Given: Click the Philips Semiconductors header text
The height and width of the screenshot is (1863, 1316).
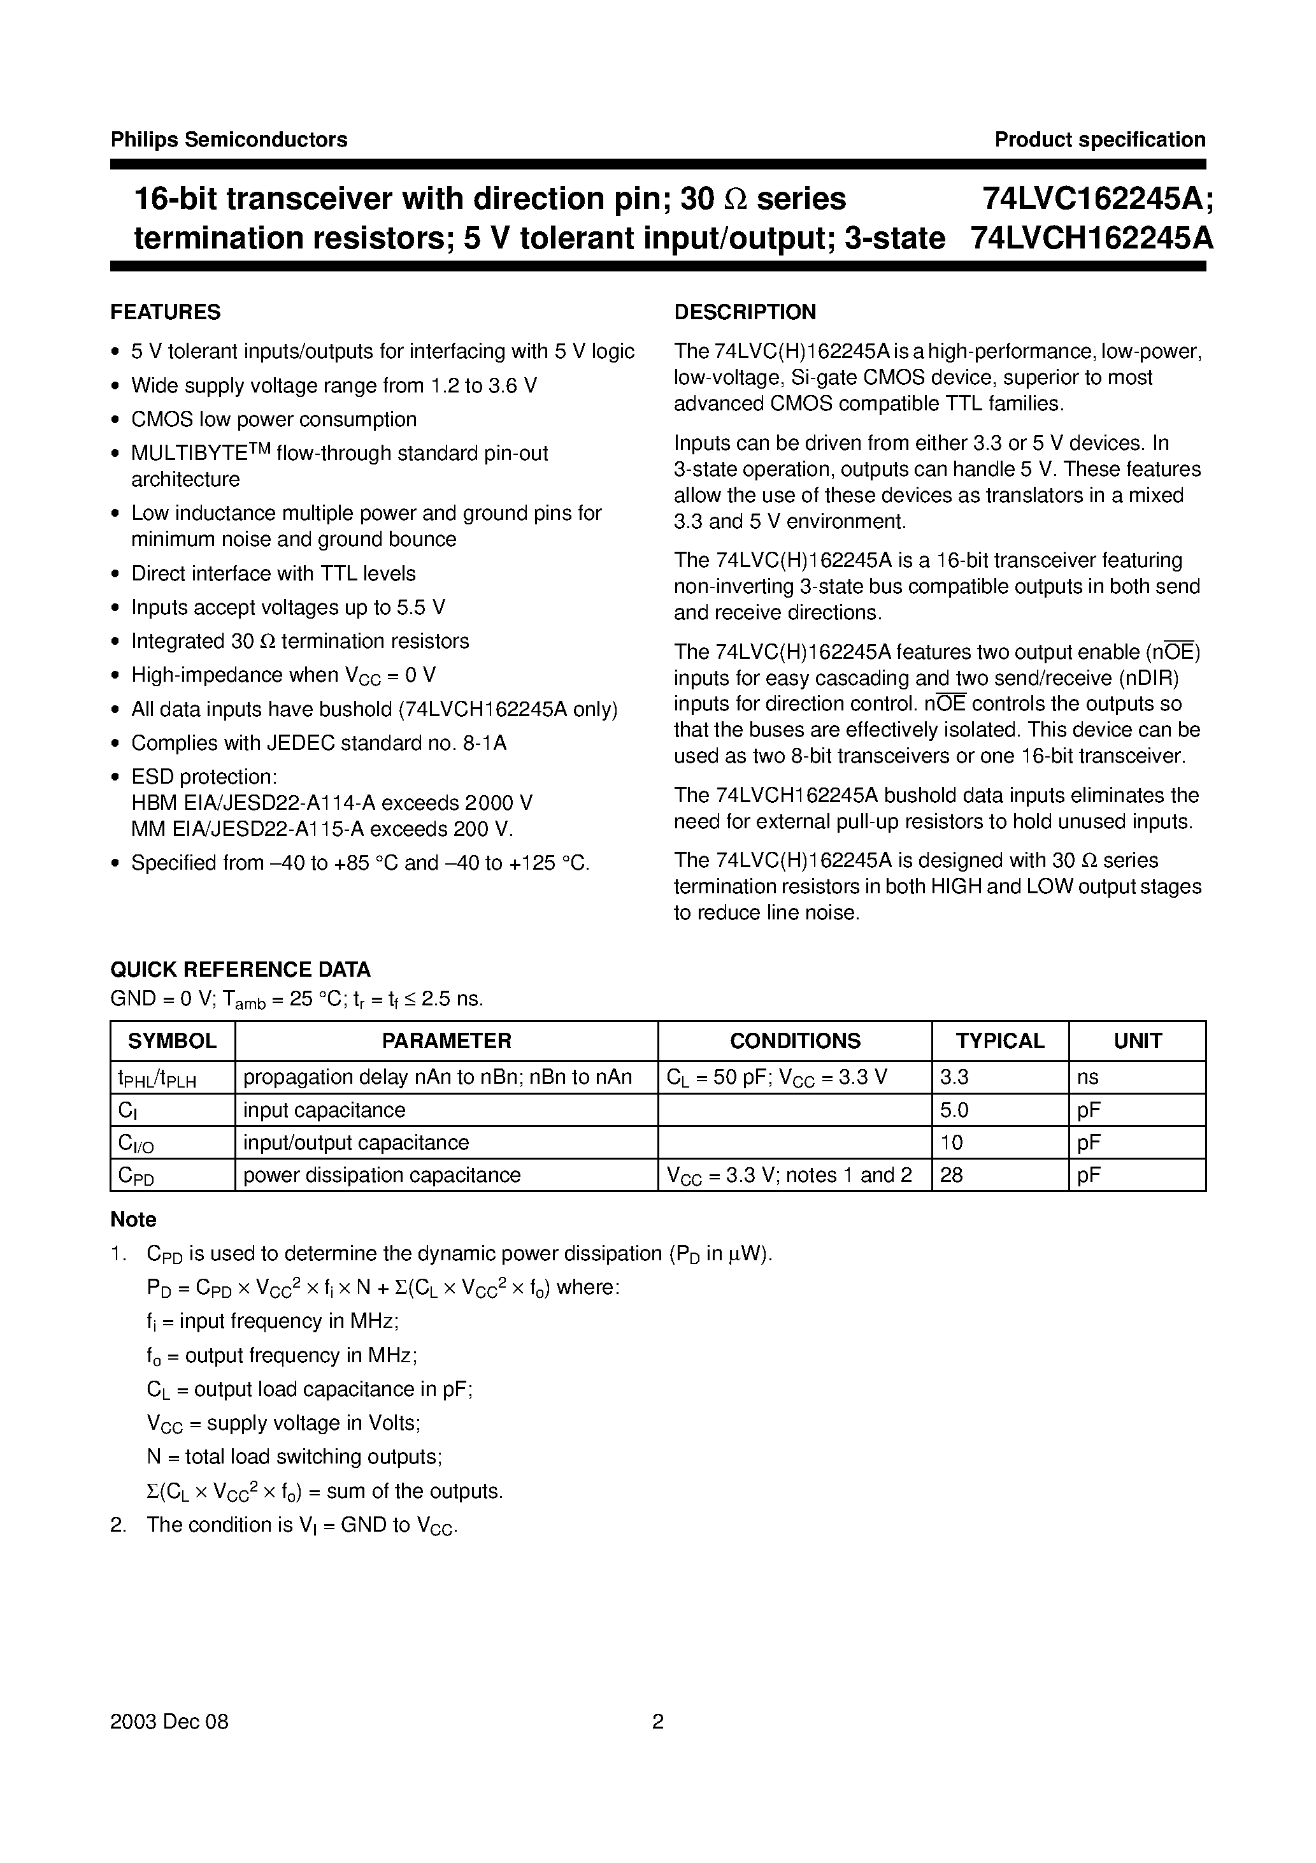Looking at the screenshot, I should coord(229,140).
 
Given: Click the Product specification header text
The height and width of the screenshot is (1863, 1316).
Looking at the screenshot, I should coord(1099,140).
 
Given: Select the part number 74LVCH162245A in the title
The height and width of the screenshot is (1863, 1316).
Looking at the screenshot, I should coord(1091,238).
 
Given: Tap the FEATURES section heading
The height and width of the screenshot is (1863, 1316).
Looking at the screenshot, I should coord(165,312).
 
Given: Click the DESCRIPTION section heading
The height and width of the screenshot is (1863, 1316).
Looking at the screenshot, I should coord(745,312).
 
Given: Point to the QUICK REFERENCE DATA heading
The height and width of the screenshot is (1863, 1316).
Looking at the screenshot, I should coord(240,970).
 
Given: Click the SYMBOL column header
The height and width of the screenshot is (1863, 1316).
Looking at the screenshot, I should coord(172,1041).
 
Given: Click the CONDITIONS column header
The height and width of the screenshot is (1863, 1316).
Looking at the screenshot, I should coord(794,1041).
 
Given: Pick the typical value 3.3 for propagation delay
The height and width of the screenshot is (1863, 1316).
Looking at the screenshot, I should coord(954,1077).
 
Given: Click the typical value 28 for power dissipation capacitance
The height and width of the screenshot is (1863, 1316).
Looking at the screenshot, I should coord(951,1175).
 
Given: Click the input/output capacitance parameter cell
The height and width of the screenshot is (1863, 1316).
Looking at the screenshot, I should coord(355,1142).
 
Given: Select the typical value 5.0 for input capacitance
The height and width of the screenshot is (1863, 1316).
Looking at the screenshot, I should coord(954,1110).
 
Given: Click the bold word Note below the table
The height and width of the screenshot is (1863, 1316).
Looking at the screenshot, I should coord(133,1219).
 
